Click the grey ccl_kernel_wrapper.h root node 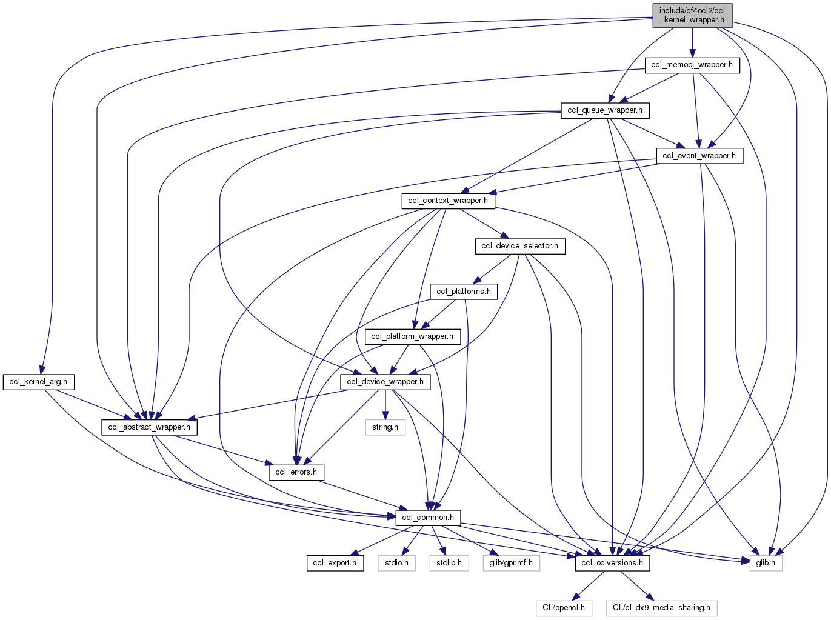tap(692, 15)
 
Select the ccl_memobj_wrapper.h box tap(692, 65)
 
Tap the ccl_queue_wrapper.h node tap(605, 110)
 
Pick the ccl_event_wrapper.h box tap(699, 156)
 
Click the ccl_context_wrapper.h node tap(448, 201)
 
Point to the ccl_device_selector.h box tap(519, 246)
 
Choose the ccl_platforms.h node tap(464, 292)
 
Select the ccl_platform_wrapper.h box tap(412, 336)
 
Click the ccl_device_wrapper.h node tap(385, 382)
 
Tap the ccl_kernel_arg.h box tap(38, 382)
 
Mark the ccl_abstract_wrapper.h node tap(149, 427)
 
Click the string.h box tap(385, 427)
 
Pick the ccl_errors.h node tap(296, 472)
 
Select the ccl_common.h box tap(428, 518)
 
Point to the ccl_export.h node tap(335, 563)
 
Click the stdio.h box tap(396, 563)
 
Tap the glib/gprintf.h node tap(511, 563)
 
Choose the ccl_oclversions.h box tap(612, 563)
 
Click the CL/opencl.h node tap(564, 608)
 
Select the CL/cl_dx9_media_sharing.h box tap(661, 608)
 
